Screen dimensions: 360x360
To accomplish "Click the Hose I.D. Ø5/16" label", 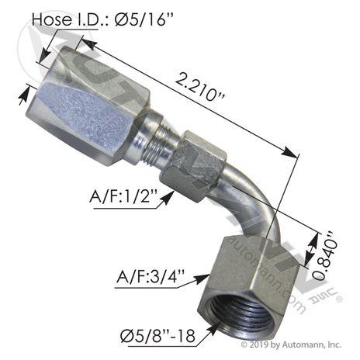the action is click(102, 19).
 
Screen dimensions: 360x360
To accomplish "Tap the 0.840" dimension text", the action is click(325, 255).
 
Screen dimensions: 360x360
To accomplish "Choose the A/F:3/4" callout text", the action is click(151, 276).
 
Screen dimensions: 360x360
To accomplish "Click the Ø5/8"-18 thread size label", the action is click(157, 336).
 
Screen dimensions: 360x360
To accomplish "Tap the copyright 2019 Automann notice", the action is click(291, 344).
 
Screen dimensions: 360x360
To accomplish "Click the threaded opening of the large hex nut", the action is click(244, 313).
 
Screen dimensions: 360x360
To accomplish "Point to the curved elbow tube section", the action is click(254, 204).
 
